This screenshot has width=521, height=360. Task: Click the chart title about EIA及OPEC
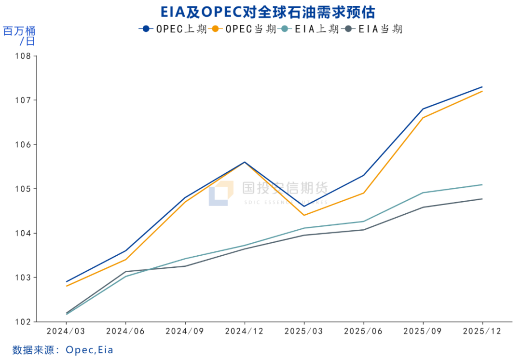tap(261, 12)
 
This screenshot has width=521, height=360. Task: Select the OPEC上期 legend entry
tap(173, 29)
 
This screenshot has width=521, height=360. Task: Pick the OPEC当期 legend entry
tap(244, 29)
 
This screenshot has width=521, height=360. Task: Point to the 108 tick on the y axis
tap(24, 56)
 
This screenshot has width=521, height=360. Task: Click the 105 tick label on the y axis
tap(24, 189)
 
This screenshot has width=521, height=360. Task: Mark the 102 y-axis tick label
tap(24, 322)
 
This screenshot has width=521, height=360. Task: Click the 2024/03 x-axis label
tap(66, 332)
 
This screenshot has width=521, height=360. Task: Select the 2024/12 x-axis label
tap(245, 332)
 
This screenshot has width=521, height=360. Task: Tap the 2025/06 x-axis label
tap(363, 332)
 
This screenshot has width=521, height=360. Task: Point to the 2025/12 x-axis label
tap(482, 332)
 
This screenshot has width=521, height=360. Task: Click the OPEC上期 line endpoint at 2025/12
tap(482, 87)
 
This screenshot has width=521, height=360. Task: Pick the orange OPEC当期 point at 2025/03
tap(304, 215)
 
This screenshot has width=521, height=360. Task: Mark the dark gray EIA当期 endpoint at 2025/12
tap(482, 199)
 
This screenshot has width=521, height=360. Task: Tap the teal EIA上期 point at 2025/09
tap(423, 193)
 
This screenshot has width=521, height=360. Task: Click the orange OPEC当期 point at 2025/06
tap(363, 193)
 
